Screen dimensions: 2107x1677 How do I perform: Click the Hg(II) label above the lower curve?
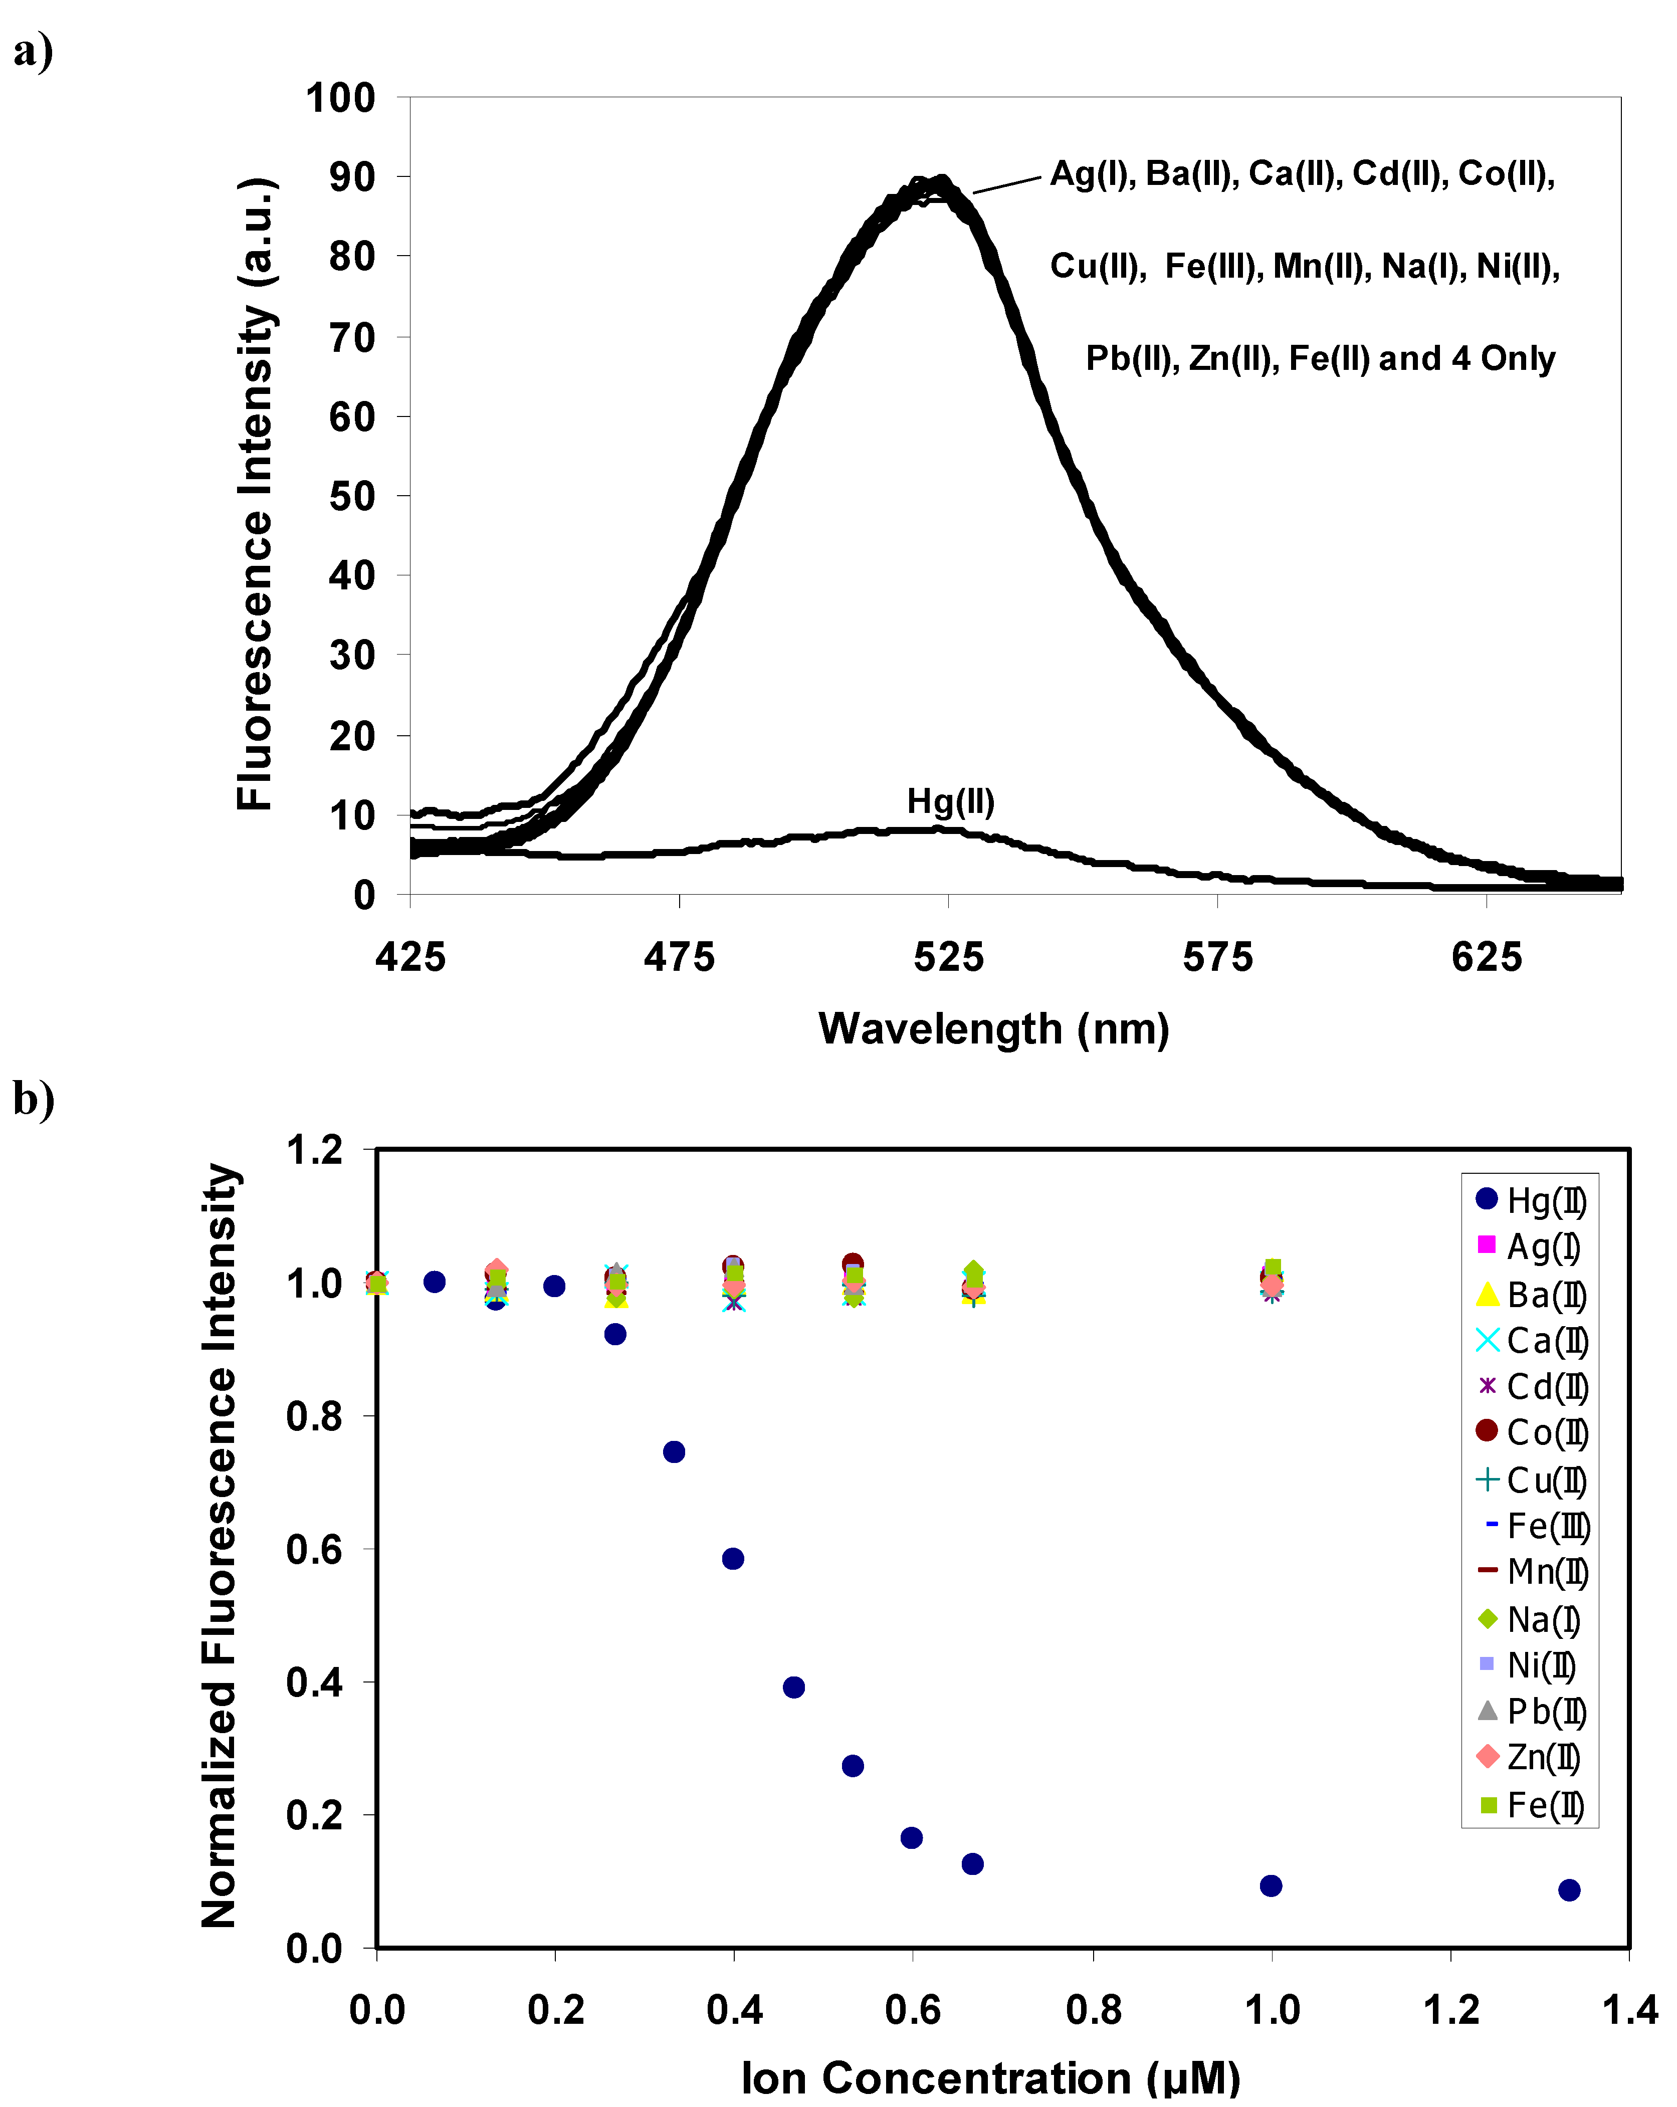[950, 801]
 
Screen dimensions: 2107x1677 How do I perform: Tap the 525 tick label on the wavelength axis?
[948, 957]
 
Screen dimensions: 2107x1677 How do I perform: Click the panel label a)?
[33, 51]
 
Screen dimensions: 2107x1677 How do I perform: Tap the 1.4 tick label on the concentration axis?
[1629, 2010]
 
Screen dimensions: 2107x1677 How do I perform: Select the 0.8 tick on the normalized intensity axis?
[315, 1416]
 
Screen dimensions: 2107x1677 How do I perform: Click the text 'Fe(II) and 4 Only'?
[1421, 359]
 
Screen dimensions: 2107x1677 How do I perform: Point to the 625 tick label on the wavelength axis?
[1486, 957]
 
